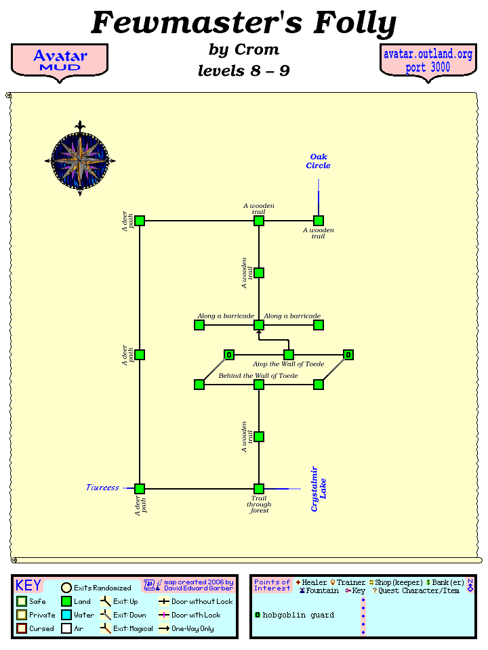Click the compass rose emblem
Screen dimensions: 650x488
click(x=80, y=160)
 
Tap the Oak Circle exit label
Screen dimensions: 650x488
click(x=318, y=161)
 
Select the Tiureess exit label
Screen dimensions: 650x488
click(x=103, y=487)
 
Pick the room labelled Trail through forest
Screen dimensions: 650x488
click(x=259, y=489)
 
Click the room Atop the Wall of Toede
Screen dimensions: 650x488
click(x=289, y=355)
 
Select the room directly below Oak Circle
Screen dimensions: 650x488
click(x=319, y=221)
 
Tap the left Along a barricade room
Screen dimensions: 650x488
click(x=199, y=325)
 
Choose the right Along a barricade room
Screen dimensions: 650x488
click(x=319, y=325)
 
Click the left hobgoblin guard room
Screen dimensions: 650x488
click(x=229, y=355)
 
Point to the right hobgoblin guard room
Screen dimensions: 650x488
click(x=348, y=355)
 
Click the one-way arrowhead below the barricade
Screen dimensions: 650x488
click(x=259, y=333)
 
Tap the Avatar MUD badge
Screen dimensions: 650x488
click(x=60, y=61)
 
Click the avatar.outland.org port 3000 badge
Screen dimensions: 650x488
click(x=428, y=61)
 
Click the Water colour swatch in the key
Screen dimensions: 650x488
click(x=66, y=615)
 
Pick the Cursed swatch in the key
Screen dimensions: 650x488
click(x=22, y=628)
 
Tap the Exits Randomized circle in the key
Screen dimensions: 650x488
click(x=66, y=588)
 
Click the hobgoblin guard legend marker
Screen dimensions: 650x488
click(x=258, y=615)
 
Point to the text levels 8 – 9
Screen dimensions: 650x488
click(x=244, y=70)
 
